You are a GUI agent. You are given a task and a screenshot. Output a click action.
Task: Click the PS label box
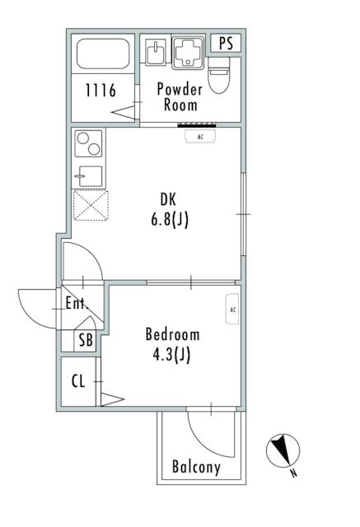226,43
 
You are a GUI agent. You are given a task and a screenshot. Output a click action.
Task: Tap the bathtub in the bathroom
103,54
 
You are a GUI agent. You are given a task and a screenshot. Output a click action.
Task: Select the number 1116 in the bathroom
101,91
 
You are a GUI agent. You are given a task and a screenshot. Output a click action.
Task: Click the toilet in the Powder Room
219,75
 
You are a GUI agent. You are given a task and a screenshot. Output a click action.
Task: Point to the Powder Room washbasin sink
156,52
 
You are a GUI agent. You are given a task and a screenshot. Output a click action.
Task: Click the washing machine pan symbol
188,52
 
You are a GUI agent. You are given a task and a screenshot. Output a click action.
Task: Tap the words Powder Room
180,97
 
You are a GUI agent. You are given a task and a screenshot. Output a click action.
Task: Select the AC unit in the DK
200,137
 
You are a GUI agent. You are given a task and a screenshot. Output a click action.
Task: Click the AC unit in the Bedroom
232,309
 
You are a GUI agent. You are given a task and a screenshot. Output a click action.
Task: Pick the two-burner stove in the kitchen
88,143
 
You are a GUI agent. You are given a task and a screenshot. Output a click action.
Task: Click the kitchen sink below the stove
90,176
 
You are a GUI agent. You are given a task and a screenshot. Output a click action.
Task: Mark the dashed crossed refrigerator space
91,205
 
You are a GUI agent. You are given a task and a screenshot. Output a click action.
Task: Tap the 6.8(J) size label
170,221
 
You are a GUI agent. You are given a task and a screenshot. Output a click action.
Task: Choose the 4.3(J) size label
171,355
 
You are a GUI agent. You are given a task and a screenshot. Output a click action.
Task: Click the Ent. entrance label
77,303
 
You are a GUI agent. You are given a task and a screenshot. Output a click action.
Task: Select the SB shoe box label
86,340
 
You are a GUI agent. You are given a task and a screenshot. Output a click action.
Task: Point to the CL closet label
78,380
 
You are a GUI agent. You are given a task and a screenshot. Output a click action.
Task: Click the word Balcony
196,467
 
